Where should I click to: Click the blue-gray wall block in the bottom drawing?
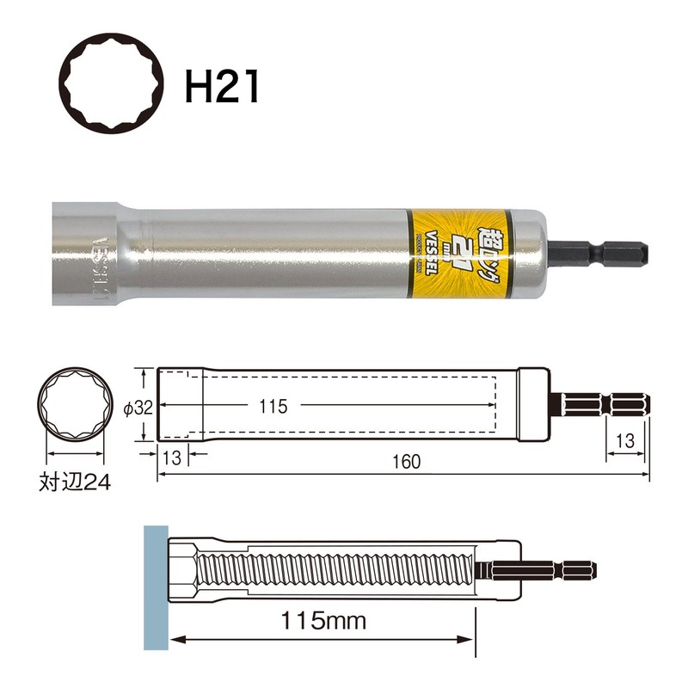(156, 586)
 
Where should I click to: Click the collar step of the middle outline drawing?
(533, 405)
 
